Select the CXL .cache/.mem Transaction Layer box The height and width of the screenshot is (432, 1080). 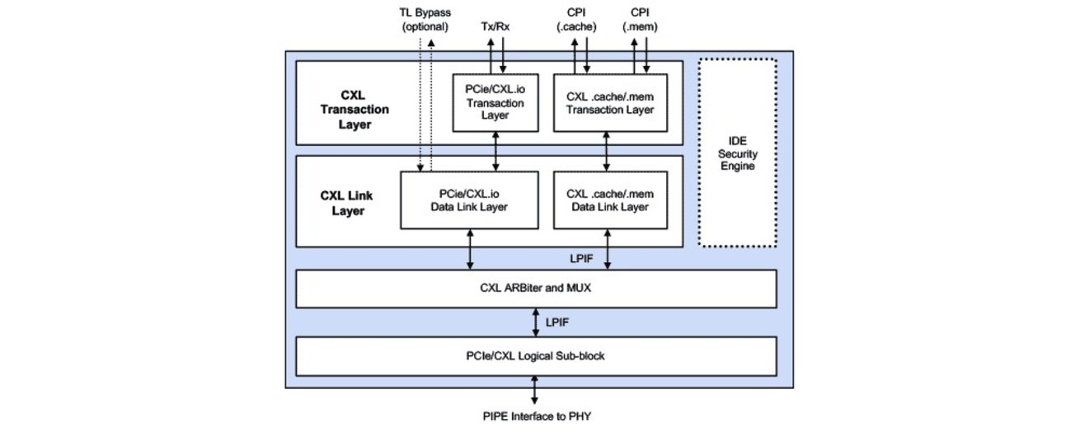pos(610,103)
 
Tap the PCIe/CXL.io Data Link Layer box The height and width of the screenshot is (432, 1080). pos(469,200)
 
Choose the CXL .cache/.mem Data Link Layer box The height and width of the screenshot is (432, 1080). pos(610,200)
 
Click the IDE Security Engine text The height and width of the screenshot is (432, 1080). pos(737,154)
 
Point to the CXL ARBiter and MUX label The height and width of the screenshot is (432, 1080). pos(536,289)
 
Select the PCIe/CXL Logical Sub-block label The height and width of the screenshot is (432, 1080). pos(536,356)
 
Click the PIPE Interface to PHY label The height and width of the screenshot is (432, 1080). pos(536,416)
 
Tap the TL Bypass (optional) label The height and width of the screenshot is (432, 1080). pos(425,20)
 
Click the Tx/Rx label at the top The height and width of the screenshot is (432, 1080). pos(495,26)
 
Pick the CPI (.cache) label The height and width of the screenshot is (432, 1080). pos(580,20)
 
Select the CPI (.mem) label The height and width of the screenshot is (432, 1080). pos(640,20)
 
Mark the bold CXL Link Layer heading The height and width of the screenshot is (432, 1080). pos(347,203)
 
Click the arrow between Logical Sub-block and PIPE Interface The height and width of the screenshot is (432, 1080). pos(536,389)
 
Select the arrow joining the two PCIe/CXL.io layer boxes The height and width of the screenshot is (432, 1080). pos(495,151)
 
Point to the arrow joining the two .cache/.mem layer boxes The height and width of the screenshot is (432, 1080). pos(608,151)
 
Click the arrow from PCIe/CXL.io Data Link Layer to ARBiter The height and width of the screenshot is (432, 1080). pos(470,249)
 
